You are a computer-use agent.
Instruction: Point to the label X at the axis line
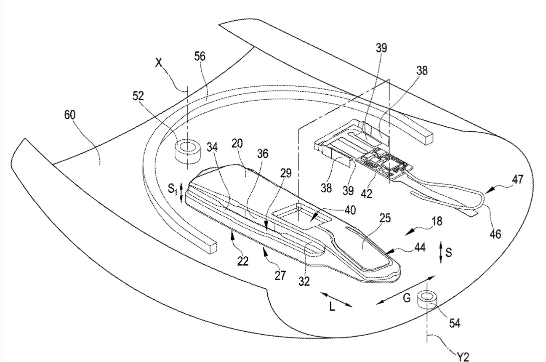point(159,63)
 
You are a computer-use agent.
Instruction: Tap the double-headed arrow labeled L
point(336,299)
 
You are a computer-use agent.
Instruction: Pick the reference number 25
point(385,218)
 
